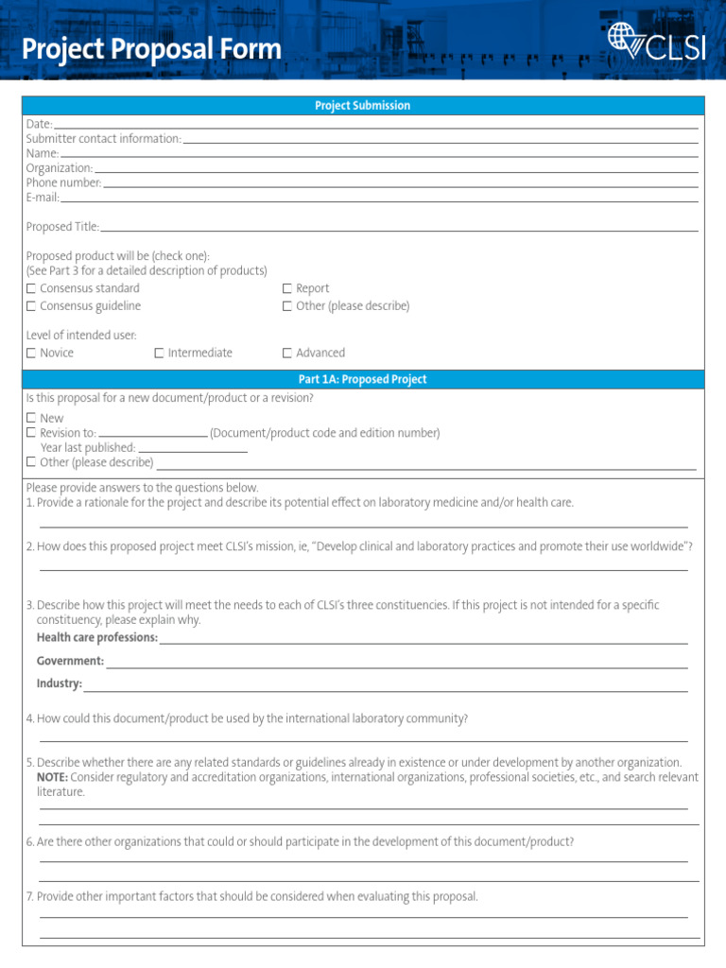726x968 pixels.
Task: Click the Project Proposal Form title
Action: [151, 49]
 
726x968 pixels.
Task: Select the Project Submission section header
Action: [363, 106]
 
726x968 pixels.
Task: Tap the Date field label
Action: [39, 124]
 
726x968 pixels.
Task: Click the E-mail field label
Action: [43, 198]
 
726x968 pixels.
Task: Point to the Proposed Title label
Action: [62, 227]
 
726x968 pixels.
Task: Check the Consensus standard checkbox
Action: [31, 288]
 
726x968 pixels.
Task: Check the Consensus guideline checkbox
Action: [31, 306]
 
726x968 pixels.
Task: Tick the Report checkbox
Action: [287, 288]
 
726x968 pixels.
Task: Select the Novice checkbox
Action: [31, 354]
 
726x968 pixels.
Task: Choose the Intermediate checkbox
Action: [159, 354]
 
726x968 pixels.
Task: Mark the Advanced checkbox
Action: [287, 354]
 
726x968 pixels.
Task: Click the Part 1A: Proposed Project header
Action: [363, 379]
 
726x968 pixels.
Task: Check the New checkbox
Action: [31, 418]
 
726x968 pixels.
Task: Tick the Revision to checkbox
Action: [31, 433]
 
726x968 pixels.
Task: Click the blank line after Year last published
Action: [193, 448]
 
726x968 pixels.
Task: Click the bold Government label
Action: [70, 662]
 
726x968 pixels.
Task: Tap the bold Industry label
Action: [60, 684]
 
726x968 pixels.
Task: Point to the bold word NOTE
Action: [52, 777]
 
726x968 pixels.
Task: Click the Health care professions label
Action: [97, 638]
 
